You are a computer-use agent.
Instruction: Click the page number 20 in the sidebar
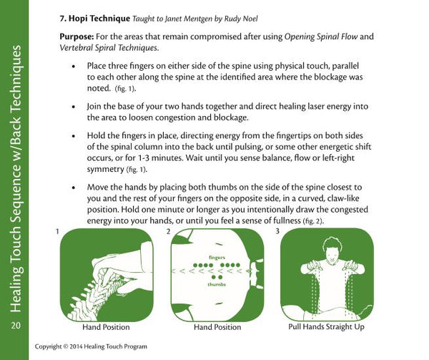(16, 326)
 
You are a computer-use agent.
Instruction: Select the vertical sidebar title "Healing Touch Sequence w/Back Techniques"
(16, 179)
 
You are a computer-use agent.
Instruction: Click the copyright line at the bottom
(93, 347)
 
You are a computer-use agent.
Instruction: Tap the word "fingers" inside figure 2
(217, 256)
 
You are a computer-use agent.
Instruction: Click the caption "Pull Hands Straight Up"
(325, 326)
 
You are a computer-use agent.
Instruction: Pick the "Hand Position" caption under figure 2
(217, 327)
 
